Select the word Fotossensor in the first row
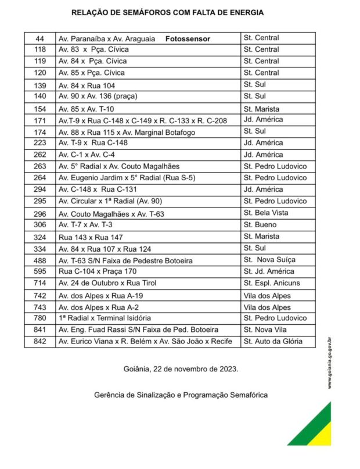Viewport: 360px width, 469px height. (187, 38)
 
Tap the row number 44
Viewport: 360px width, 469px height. (40, 38)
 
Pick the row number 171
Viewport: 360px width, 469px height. (40, 120)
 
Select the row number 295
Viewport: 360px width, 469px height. (40, 201)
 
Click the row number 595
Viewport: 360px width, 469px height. (40, 271)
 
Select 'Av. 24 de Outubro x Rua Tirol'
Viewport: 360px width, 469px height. (107, 283)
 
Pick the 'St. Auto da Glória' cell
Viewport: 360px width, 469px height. (273, 342)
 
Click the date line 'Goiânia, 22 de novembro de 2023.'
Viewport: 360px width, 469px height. (181, 369)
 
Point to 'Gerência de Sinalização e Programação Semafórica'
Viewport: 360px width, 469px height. (181, 395)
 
